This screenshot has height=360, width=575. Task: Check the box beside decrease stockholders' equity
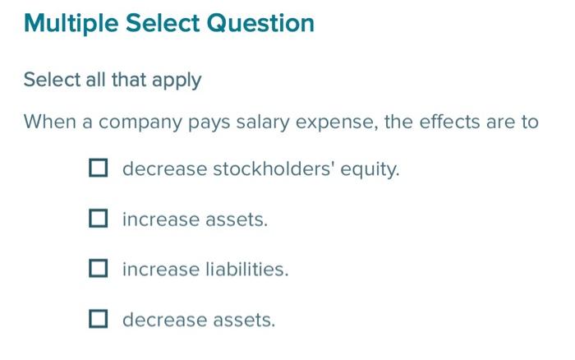click(x=99, y=169)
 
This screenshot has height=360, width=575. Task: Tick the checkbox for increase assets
click(x=99, y=219)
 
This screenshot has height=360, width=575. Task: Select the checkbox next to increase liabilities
click(x=99, y=269)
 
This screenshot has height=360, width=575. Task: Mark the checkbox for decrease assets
click(x=99, y=319)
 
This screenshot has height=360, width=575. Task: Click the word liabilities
click(x=246, y=270)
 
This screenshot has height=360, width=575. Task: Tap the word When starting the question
click(x=49, y=122)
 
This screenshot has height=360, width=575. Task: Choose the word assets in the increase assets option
click(x=237, y=220)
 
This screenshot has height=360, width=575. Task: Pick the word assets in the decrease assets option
click(x=243, y=320)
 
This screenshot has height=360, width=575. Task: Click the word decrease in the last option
click(x=161, y=320)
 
